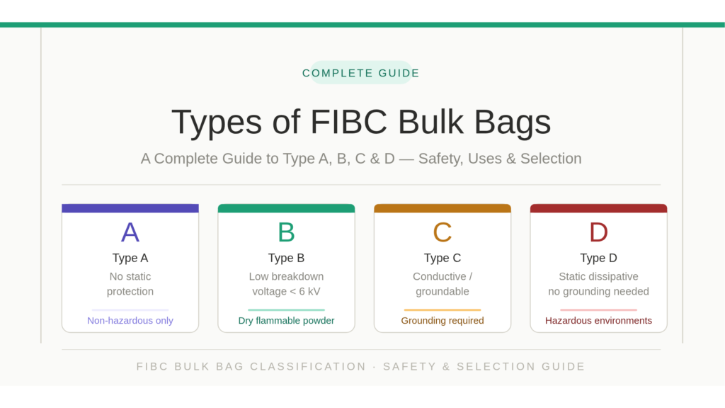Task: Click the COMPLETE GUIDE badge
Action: pos(361,73)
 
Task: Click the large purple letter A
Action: pos(130,232)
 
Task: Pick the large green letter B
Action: pos(286,232)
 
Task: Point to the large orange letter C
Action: pos(443,232)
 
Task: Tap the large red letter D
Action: pos(598,232)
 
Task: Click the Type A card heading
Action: pos(130,258)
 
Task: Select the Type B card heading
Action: pos(286,258)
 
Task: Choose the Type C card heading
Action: pos(443,258)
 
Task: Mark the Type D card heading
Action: pos(598,258)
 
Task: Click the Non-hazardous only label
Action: pos(130,321)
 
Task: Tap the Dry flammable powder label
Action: pos(286,321)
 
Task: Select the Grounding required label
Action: pos(443,321)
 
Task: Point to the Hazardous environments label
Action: pos(598,321)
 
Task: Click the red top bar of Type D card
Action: pos(598,208)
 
